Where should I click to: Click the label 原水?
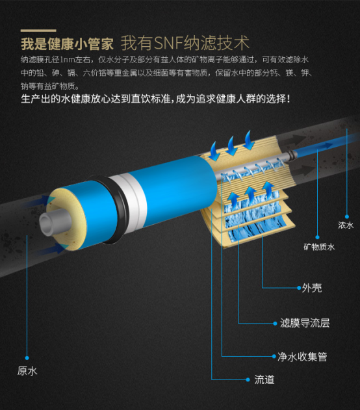coord(27,371)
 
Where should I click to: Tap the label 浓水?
coord(346,225)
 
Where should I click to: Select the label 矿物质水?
coord(319,247)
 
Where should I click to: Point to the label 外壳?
coord(312,288)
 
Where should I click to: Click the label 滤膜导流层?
coord(305,323)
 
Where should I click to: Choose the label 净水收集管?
coord(302,357)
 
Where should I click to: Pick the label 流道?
coord(264,379)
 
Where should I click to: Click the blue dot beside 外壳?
coord(299,288)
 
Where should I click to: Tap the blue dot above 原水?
coord(27,358)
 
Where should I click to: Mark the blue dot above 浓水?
coord(347,216)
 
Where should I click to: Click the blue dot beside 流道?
coord(248,379)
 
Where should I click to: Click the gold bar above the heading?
coord(38,31)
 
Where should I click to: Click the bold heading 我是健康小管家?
coord(67,44)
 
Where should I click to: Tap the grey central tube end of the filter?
coord(55,223)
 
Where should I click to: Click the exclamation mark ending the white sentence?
coord(288,99)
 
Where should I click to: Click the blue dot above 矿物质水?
coord(317,237)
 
